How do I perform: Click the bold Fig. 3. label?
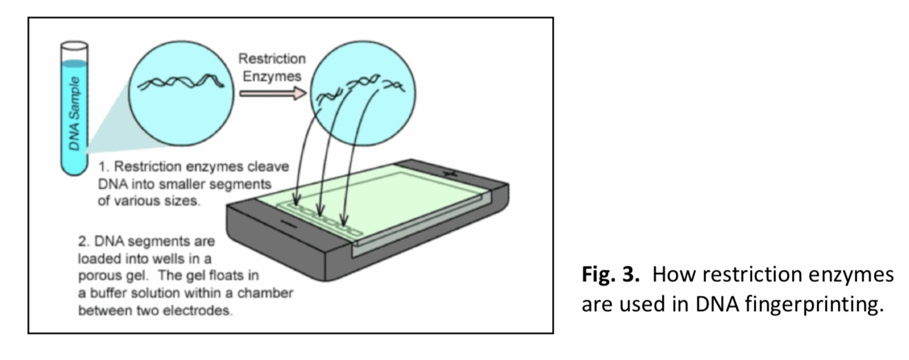point(610,276)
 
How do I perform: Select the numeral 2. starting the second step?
point(84,242)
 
